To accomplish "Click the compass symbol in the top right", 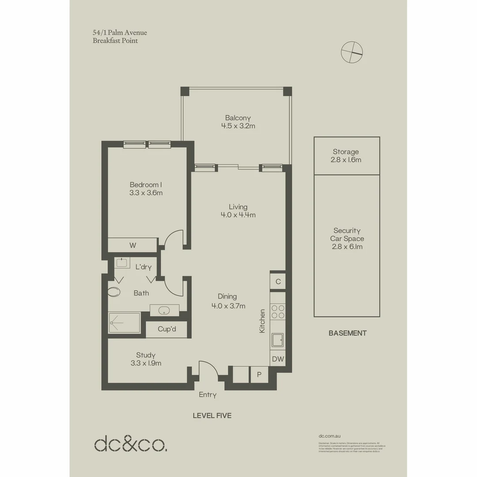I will pyautogui.click(x=352, y=52).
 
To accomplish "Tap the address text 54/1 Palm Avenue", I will pyautogui.click(x=120, y=33).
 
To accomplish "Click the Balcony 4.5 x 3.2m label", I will pyautogui.click(x=238, y=122).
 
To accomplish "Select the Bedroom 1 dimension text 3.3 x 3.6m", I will pyautogui.click(x=146, y=193).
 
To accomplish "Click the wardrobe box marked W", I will pyautogui.click(x=132, y=245).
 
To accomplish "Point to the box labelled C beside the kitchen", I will pyautogui.click(x=278, y=281).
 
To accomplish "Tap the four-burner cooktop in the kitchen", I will pyautogui.click(x=278, y=312).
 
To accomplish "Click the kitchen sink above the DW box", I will pyautogui.click(x=278, y=341).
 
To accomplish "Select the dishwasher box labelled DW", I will pyautogui.click(x=278, y=359).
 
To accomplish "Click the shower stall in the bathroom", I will pyautogui.click(x=124, y=323).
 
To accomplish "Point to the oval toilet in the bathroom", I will pyautogui.click(x=114, y=292).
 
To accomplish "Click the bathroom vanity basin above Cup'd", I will pyautogui.click(x=164, y=310).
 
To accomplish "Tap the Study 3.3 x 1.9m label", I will pyautogui.click(x=146, y=359).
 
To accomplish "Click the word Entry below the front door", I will pyautogui.click(x=208, y=395).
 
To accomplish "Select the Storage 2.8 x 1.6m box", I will pyautogui.click(x=347, y=155).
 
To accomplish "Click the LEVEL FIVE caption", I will pyautogui.click(x=212, y=416).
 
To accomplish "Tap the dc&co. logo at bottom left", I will pyautogui.click(x=131, y=443).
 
